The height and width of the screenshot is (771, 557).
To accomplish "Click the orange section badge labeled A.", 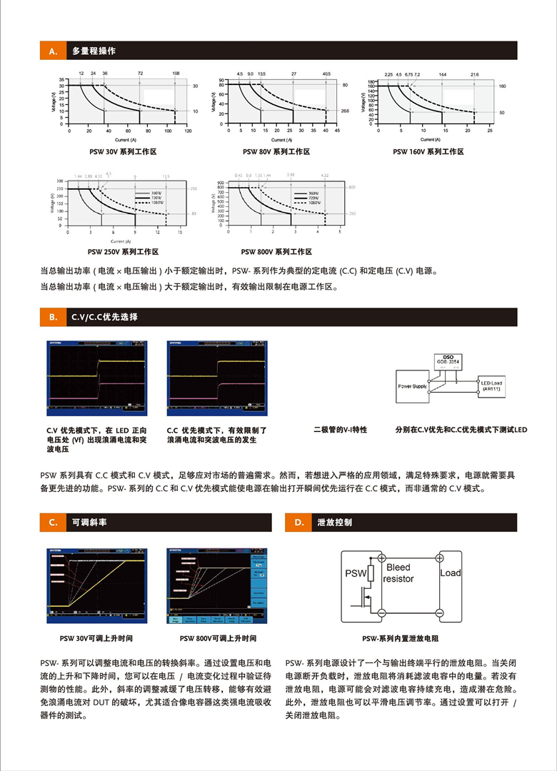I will tap(53, 51).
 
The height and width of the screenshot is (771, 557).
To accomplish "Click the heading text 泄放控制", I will tap(334, 523).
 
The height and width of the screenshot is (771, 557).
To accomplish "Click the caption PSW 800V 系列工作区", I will tap(276, 252).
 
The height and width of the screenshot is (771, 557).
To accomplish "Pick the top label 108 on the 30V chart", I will tap(176, 74).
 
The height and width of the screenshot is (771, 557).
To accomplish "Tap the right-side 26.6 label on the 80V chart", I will tap(345, 111).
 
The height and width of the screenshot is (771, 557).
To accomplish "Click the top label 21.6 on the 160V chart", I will tap(475, 74).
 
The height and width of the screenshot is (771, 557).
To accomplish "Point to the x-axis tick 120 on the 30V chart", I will tap(188, 132).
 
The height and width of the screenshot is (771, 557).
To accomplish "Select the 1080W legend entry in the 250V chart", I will tap(149, 203).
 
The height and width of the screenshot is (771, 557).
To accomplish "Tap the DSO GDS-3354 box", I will tap(448, 359).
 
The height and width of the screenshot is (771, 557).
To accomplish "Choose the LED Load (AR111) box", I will tap(491, 386).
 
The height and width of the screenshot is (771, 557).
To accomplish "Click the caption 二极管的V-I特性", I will tap(340, 430).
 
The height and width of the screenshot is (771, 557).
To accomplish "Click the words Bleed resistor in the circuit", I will tap(398, 573).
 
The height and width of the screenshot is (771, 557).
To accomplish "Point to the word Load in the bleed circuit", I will tap(450, 573).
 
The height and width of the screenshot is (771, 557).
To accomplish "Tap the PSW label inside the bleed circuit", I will tap(356, 573).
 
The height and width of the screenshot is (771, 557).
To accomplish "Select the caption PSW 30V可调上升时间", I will tap(96, 638).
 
